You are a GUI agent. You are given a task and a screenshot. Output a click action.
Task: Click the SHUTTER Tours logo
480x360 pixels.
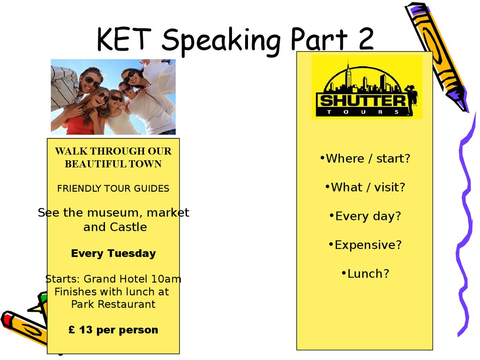tap(367, 87)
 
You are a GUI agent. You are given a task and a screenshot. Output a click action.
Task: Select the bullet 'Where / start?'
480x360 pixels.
tap(365, 158)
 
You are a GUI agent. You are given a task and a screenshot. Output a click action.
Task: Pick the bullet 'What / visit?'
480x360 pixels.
tap(365, 187)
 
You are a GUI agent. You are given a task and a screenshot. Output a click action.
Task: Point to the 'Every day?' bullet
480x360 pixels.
tap(365, 216)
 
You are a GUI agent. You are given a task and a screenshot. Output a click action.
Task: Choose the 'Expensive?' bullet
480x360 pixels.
tap(365, 245)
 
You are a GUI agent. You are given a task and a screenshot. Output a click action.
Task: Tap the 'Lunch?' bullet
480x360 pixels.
tap(365, 274)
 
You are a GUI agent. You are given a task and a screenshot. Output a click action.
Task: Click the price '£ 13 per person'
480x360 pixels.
tap(113, 330)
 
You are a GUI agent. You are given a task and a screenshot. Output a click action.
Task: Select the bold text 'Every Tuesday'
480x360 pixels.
tap(113, 254)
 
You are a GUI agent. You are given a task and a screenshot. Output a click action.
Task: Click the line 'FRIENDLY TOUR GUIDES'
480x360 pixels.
tap(113, 188)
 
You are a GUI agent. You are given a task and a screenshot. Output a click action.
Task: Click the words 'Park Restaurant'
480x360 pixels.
tap(113, 304)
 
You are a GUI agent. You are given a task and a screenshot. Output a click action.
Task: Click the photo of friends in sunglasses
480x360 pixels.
tap(113, 97)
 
